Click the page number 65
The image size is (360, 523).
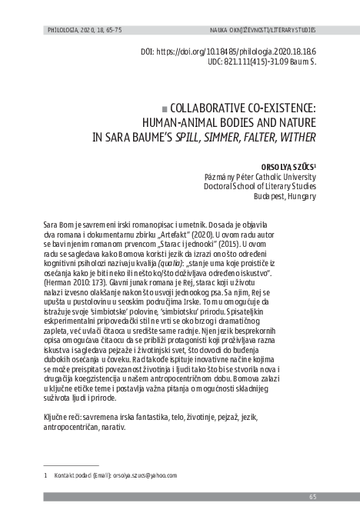(x=313, y=497)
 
